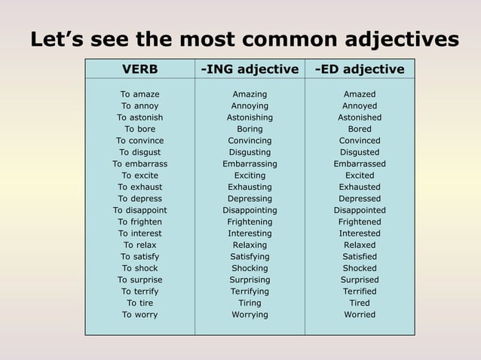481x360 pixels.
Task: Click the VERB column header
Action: pyautogui.click(x=140, y=69)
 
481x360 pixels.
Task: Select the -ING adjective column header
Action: pyautogui.click(x=250, y=69)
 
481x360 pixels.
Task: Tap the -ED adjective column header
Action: pyautogui.click(x=360, y=69)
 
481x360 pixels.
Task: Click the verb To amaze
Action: pyautogui.click(x=140, y=94)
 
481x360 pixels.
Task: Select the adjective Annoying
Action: pyautogui.click(x=250, y=106)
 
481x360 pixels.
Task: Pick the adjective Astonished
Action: pyautogui.click(x=360, y=117)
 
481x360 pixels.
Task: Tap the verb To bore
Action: pyautogui.click(x=140, y=129)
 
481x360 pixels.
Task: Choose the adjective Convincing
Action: pyautogui.click(x=250, y=141)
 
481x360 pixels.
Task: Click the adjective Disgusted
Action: pyautogui.click(x=360, y=152)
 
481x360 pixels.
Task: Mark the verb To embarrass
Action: pyautogui.click(x=140, y=163)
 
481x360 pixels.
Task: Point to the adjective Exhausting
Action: pyautogui.click(x=250, y=187)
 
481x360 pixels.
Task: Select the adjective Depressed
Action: pyautogui.click(x=360, y=199)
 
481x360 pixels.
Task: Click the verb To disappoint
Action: pyautogui.click(x=140, y=210)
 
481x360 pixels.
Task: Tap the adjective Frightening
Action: pyautogui.click(x=250, y=222)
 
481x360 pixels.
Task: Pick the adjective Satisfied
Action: pyautogui.click(x=360, y=257)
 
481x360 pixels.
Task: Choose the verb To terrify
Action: pyautogui.click(x=140, y=291)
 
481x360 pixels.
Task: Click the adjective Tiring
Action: pyautogui.click(x=250, y=303)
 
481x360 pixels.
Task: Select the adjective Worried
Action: pyautogui.click(x=360, y=315)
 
